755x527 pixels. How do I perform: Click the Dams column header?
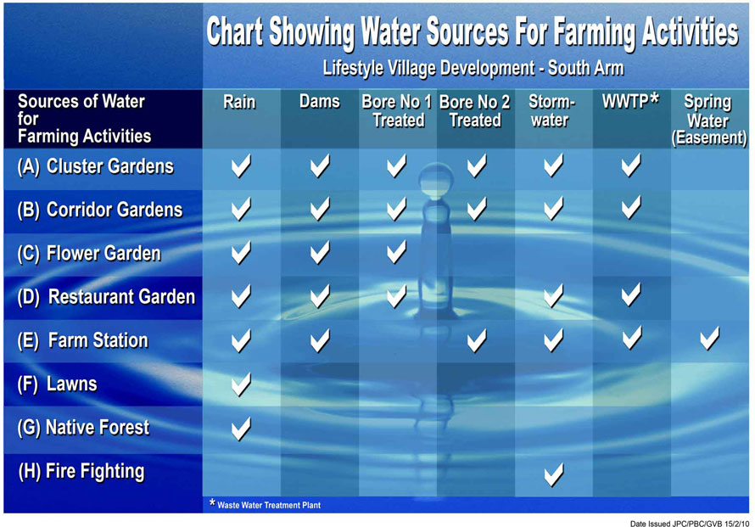320,102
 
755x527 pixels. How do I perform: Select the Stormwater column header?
551,111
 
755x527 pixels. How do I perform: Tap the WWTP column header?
629,101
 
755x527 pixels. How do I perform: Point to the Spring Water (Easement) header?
709,120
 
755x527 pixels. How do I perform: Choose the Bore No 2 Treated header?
475,111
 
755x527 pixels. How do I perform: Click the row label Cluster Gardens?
95,166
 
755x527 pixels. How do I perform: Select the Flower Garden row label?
89,254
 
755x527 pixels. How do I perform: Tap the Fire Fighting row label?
81,472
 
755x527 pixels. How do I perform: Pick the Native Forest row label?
83,428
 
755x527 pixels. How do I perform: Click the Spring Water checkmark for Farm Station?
709,338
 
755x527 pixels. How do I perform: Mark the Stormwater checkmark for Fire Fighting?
553,475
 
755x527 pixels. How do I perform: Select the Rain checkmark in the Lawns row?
241,384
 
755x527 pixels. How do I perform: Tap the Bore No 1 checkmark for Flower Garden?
396,252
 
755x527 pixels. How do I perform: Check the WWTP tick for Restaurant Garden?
631,294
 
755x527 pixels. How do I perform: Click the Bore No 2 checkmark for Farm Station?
476,340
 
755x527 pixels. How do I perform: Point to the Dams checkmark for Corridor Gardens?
320,210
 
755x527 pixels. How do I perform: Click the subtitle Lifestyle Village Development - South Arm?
473,69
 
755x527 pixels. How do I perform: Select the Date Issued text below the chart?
690,523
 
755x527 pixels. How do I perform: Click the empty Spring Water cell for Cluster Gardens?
709,169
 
